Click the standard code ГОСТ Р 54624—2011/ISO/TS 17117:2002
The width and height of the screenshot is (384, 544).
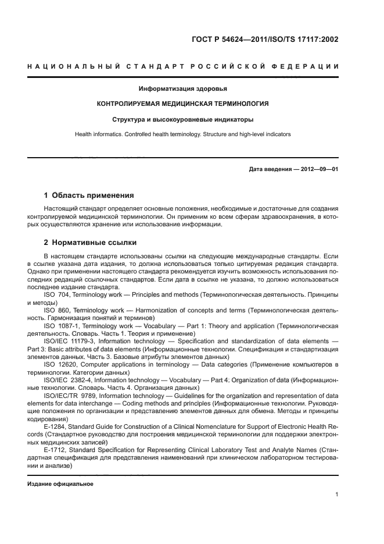pos(265,40)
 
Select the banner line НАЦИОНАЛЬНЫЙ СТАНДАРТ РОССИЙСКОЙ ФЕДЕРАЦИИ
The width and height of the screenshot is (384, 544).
pos(183,67)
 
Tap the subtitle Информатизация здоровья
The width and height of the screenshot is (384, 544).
pos(183,89)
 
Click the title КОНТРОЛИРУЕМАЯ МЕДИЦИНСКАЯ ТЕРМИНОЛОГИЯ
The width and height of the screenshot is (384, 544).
pos(183,104)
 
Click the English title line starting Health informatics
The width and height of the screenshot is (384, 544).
pos(183,134)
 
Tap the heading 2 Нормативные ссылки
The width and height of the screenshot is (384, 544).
pos(90,242)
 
